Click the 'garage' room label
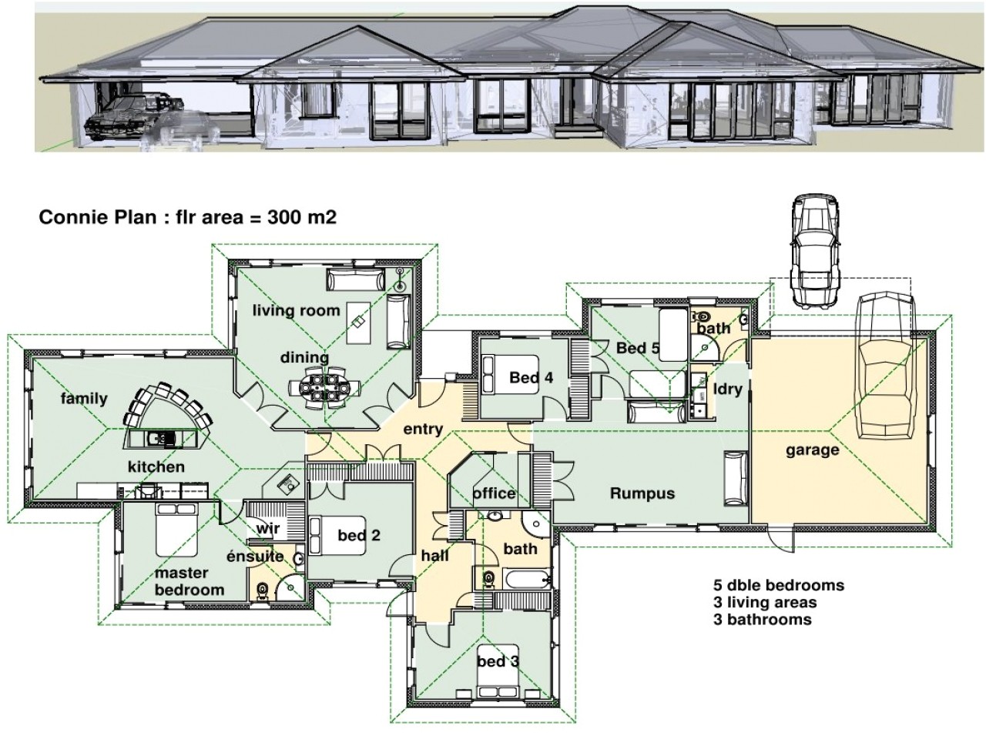tap(812, 450)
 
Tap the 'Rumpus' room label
tap(642, 493)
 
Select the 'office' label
tap(494, 493)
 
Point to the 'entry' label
tap(423, 429)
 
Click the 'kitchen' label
tap(156, 466)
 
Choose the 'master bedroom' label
tap(189, 581)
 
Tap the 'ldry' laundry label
tap(727, 388)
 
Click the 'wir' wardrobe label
tap(267, 529)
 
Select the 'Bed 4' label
tap(531, 378)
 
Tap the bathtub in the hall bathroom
tap(527, 579)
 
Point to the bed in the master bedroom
tap(176, 530)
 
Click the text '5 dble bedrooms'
tap(778, 585)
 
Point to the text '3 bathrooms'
tap(762, 619)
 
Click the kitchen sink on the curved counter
tap(163, 438)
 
